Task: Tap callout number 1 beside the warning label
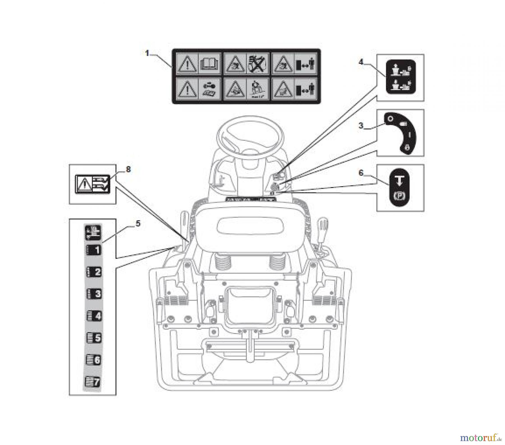click(147, 53)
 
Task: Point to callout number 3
click(361, 126)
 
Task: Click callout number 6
click(361, 173)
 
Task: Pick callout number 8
click(128, 170)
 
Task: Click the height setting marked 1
click(94, 250)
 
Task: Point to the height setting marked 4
click(94, 316)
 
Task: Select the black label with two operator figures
click(401, 77)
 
